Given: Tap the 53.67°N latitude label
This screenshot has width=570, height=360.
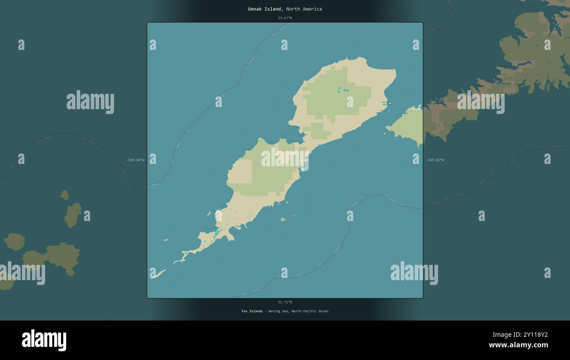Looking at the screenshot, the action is click(x=285, y=18).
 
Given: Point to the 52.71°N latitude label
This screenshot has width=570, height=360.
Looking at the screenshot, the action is click(x=285, y=302).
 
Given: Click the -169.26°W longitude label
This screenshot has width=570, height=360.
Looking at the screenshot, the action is click(x=135, y=160).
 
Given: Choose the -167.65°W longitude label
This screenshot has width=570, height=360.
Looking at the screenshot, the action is click(x=435, y=160).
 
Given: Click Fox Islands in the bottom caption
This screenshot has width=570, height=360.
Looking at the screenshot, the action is click(x=252, y=311).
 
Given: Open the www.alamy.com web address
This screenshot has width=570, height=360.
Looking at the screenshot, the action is click(x=518, y=345).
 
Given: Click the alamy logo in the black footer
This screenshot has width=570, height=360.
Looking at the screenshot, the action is click(x=44, y=340).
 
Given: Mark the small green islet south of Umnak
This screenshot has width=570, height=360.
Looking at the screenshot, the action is click(x=283, y=219).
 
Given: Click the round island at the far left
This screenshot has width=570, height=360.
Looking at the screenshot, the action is click(x=14, y=242).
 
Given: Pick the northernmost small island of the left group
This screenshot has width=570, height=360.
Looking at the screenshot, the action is click(x=64, y=195).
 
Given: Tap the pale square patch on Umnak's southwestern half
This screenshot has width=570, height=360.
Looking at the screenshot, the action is click(x=240, y=171).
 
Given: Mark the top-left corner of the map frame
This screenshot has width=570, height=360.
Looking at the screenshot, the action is click(x=147, y=22).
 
